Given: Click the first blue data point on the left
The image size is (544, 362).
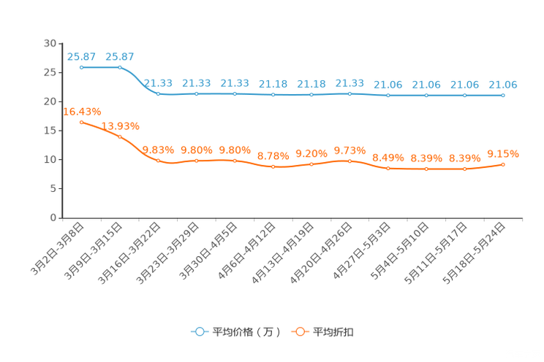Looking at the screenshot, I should tap(82, 67).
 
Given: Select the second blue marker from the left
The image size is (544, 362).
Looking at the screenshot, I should tap(120, 67).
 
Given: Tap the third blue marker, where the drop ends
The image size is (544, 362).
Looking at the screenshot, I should tap(158, 94).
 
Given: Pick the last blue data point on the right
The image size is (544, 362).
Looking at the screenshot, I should tap(503, 96).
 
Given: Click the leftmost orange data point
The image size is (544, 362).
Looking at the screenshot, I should tap(82, 122).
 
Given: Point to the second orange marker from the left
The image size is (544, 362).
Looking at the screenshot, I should tap(120, 137).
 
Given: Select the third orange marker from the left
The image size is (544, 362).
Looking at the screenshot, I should tap(158, 161).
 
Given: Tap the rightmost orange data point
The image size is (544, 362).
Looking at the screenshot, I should tap(503, 165).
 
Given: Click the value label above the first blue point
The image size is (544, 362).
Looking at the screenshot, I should tap(81, 56).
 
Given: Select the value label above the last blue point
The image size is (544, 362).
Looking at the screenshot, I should tap(503, 85).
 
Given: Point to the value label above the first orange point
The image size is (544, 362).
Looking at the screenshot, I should tap(82, 112).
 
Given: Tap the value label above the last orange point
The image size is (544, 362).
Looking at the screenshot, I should tap(503, 154).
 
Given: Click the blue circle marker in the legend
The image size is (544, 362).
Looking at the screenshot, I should tap(199, 331).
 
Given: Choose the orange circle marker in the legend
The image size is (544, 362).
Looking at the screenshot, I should tap(299, 331).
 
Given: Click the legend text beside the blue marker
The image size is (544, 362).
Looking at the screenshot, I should tap(246, 332).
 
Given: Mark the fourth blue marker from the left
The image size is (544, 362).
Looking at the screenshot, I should tap(196, 94).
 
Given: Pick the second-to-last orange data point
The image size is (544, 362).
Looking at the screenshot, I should tap(465, 169).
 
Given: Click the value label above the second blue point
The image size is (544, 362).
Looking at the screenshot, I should tap(120, 56).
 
